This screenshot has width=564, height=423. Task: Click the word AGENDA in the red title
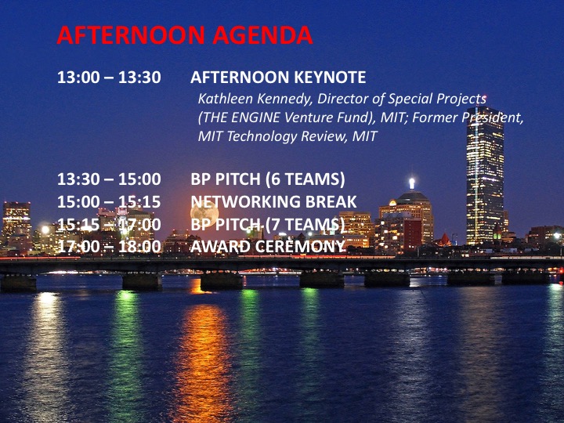(262, 35)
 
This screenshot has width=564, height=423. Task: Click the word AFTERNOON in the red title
(131, 35)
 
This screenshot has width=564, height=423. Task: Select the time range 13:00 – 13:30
(109, 78)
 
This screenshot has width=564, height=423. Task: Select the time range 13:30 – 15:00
(109, 179)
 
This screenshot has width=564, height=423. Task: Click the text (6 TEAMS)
(305, 179)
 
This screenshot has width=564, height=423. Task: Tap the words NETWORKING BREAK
(273, 202)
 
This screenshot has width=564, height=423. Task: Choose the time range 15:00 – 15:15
(109, 202)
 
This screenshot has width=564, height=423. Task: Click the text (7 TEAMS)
(305, 225)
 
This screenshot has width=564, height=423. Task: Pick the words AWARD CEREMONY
(268, 247)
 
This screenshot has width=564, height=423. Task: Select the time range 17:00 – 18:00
(109, 247)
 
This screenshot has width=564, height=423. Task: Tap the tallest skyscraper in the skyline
(485, 175)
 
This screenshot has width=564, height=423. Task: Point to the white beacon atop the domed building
(412, 183)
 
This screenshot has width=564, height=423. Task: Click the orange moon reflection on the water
(204, 356)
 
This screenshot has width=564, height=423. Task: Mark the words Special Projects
(437, 99)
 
